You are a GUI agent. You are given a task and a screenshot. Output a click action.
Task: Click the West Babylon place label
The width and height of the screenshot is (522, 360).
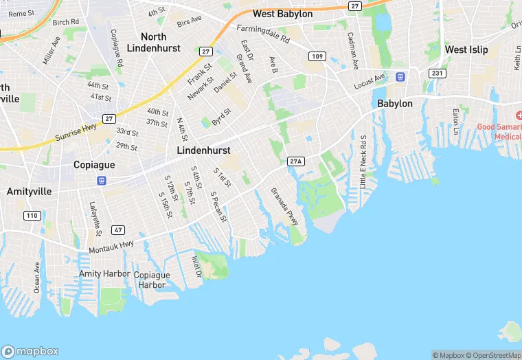(x=282, y=14)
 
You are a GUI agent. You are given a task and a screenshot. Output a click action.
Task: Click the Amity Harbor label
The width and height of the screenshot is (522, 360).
(x=104, y=273)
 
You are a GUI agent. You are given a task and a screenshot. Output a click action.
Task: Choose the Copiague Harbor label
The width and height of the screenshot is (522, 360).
(x=150, y=280)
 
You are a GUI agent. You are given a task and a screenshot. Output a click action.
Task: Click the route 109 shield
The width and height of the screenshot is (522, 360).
(x=317, y=56)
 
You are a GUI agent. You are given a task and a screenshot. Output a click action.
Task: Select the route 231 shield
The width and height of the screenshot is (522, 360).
(x=437, y=73)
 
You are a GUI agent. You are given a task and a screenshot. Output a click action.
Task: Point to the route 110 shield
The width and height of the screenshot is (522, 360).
(x=32, y=216)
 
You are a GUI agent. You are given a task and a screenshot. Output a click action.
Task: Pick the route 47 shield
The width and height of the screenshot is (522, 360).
(x=119, y=229)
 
